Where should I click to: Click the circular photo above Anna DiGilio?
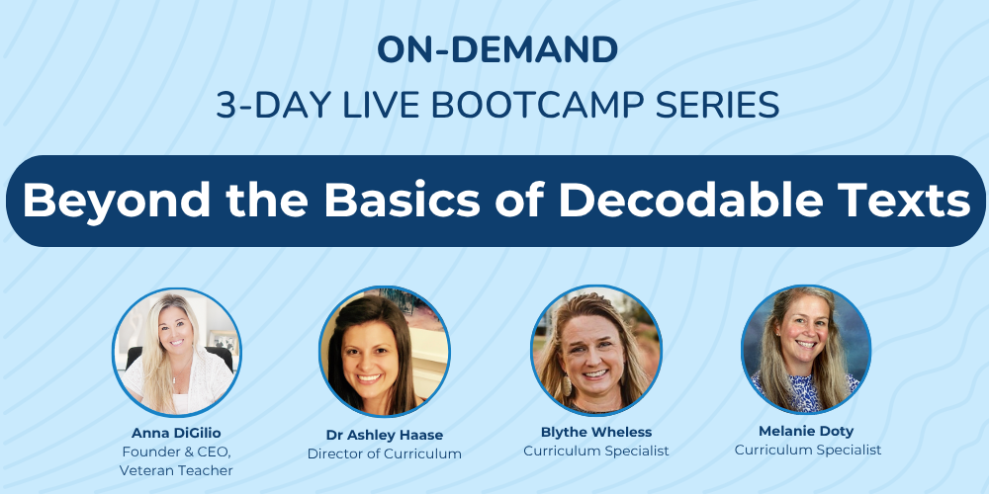[176, 352]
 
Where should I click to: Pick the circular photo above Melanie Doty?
[806, 349]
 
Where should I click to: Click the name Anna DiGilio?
[176, 433]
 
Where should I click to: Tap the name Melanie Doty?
[807, 431]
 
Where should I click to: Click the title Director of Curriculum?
[384, 454]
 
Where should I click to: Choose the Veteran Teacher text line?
[176, 470]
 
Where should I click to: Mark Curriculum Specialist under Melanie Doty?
[807, 450]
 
